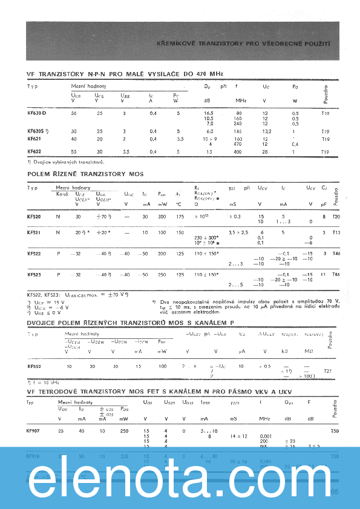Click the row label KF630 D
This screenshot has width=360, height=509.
coord(36,113)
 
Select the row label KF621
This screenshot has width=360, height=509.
coord(34,139)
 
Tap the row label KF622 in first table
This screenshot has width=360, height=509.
coord(34,151)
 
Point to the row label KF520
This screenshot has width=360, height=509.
coord(34,216)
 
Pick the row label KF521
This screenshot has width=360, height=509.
coord(34,232)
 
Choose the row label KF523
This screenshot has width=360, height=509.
coord(34,275)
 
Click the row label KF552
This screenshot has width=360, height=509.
coord(34,366)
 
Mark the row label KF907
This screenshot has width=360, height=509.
coord(34,430)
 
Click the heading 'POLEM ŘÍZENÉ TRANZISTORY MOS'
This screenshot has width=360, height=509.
coord(85,174)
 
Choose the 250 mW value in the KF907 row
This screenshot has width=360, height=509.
coord(123,430)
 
